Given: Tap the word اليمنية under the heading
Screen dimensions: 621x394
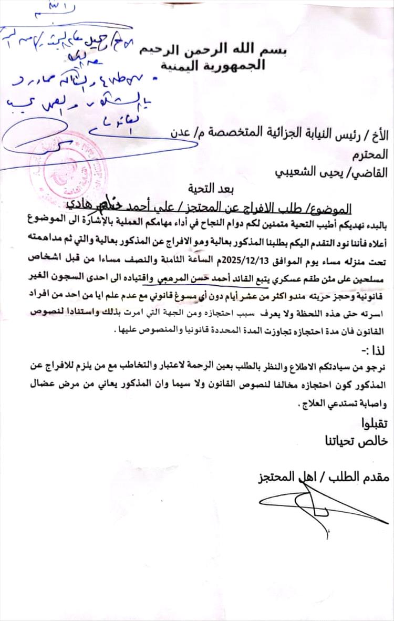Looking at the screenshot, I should [x=229, y=67].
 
